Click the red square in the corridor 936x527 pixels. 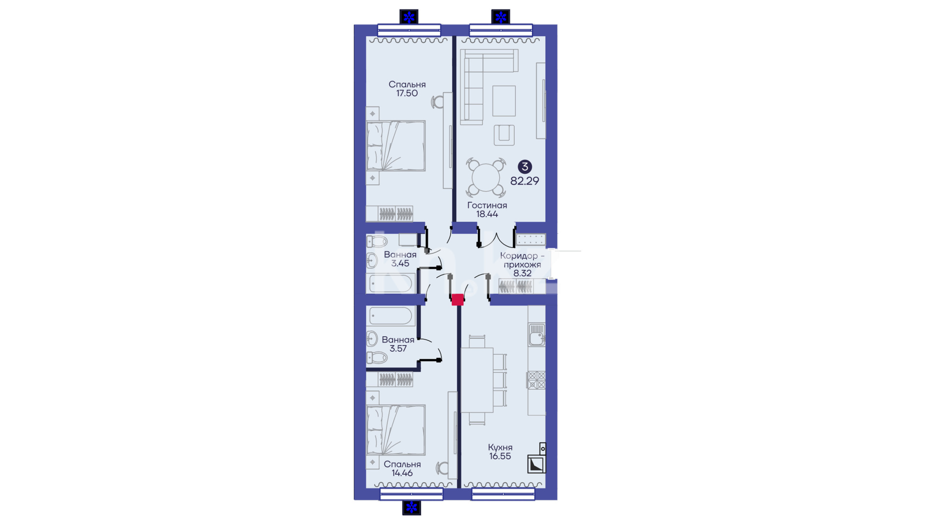(x=457, y=300)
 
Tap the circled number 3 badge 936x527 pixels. (x=525, y=167)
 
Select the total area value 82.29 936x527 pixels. (x=525, y=181)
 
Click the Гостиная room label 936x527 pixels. (x=487, y=205)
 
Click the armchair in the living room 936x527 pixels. (x=504, y=135)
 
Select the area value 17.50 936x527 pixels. (x=407, y=93)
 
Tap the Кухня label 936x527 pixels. (x=500, y=447)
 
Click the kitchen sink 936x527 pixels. (x=537, y=335)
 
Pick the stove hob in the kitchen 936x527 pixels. (x=536, y=380)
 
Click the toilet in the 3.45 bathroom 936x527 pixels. (x=376, y=242)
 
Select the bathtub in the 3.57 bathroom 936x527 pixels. (x=391, y=316)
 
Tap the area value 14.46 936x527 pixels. (x=402, y=473)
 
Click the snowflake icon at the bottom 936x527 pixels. (x=411, y=507)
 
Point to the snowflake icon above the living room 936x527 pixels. (x=501, y=17)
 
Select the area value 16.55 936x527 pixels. (x=500, y=456)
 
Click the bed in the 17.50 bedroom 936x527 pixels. (x=396, y=146)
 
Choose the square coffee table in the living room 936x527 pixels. (x=504, y=101)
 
